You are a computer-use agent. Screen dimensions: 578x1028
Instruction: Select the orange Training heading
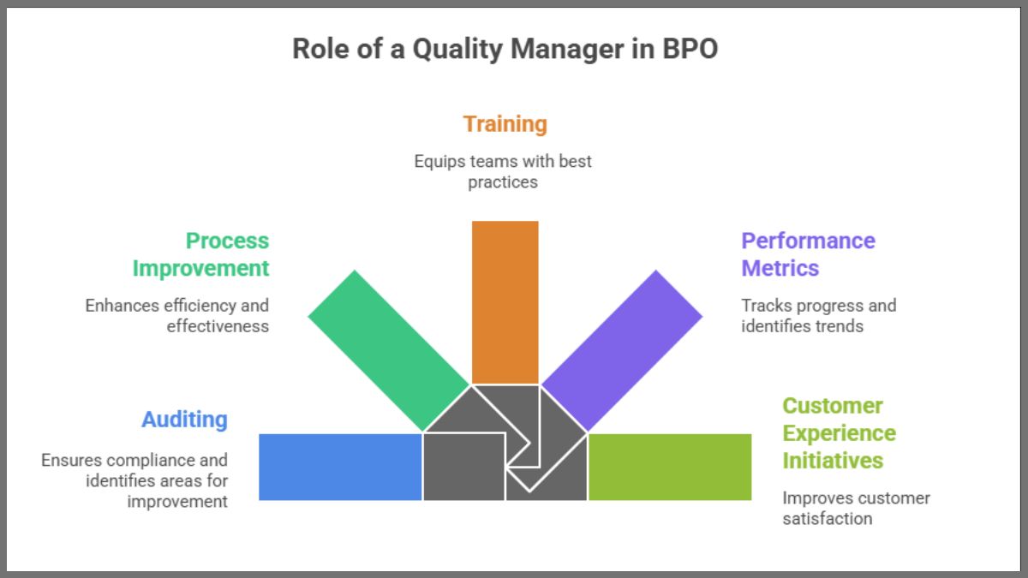pyautogui.click(x=505, y=124)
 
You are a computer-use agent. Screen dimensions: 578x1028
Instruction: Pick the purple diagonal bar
pyautogui.click(x=623, y=350)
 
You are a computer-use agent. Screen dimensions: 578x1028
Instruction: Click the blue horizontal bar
pyautogui.click(x=340, y=467)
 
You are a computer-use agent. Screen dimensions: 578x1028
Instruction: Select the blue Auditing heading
pyautogui.click(x=184, y=420)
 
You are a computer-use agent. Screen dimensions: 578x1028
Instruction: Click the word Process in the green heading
pyautogui.click(x=227, y=241)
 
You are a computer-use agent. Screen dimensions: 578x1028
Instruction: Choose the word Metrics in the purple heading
pyautogui.click(x=780, y=268)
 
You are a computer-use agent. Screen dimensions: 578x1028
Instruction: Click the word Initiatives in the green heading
pyautogui.click(x=833, y=461)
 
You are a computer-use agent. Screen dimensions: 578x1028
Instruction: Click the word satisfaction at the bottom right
pyautogui.click(x=828, y=518)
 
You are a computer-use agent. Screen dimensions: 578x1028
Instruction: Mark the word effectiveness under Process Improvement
pyautogui.click(x=218, y=325)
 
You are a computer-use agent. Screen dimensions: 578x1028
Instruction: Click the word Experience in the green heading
pyautogui.click(x=840, y=433)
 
